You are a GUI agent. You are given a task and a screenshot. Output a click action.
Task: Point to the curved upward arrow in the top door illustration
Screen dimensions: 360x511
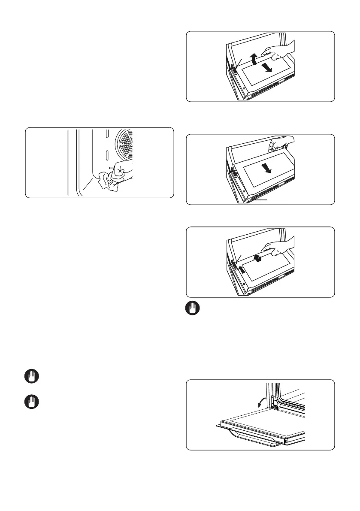tap(255, 59)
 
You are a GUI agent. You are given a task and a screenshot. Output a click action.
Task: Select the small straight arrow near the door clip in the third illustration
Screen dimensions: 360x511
tap(242, 269)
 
